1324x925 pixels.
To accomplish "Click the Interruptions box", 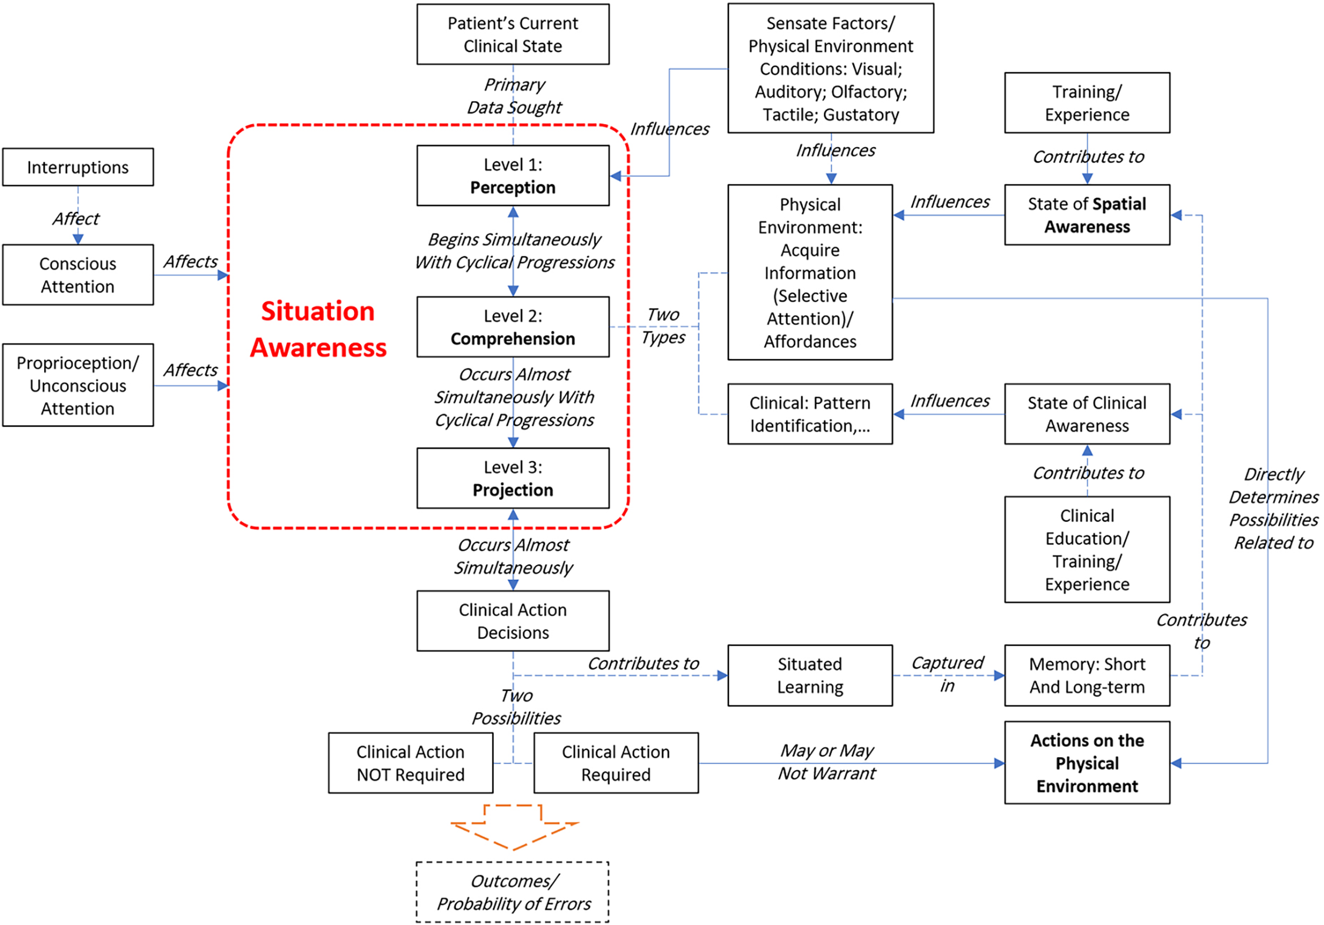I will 78,167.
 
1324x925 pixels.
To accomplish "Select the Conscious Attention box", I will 78,275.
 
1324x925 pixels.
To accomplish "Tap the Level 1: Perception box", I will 513,175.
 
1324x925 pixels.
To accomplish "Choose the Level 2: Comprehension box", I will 513,327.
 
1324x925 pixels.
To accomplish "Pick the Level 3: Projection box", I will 513,478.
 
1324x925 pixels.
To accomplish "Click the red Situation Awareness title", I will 318,329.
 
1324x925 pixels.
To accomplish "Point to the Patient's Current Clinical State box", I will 513,34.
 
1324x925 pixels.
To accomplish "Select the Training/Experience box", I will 1087,103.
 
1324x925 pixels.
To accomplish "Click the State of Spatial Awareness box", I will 1087,215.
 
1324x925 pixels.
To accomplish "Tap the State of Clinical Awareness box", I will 1087,414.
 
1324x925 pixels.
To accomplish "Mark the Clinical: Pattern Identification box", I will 810,414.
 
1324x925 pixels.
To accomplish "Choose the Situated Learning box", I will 810,675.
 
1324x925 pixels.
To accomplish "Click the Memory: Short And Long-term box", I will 1087,675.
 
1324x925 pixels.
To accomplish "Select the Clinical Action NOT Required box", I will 410,763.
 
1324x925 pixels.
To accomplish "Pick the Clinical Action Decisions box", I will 513,621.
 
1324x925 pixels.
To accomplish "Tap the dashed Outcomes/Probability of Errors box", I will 513,892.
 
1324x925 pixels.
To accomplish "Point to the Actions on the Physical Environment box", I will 1087,762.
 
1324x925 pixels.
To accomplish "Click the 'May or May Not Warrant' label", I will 827,762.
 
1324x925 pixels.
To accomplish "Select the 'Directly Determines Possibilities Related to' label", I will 1273,508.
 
